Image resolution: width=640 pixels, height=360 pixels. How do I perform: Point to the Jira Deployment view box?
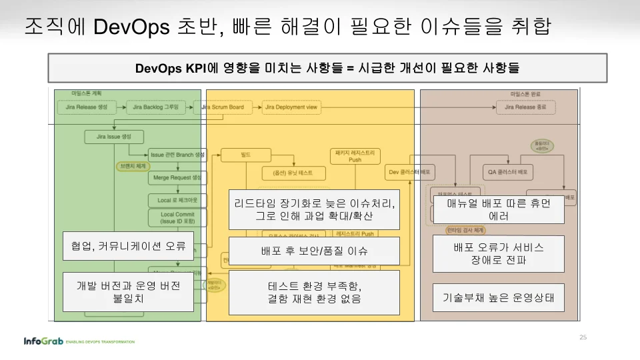tap(291, 107)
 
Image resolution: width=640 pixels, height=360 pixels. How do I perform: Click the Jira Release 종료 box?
tap(525, 107)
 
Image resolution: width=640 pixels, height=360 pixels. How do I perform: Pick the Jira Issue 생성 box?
tap(108, 137)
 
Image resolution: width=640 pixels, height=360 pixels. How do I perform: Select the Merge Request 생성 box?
tap(177, 178)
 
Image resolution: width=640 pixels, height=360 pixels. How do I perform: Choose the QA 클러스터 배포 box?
tap(508, 171)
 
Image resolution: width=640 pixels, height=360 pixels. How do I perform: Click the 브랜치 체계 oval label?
tap(132, 165)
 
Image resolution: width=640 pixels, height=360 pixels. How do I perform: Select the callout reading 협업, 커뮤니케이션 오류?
tap(129, 246)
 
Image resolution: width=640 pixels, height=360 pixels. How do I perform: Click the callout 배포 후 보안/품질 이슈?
tap(314, 251)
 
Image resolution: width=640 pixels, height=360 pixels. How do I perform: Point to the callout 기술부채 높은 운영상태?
tap(499, 297)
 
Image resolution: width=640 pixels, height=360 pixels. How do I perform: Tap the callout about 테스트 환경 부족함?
tap(314, 292)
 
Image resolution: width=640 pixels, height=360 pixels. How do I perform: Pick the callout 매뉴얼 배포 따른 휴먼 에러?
tap(499, 209)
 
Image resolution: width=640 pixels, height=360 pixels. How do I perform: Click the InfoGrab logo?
tap(43, 341)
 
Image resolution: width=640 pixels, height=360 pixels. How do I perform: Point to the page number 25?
tap(583, 337)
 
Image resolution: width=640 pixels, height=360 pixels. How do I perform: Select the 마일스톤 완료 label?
tap(525, 94)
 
